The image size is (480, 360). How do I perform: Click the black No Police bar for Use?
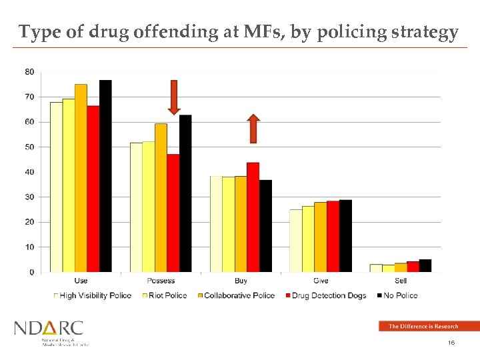105,176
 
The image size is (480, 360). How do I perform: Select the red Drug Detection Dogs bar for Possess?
173,213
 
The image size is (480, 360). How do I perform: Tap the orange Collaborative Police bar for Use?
81,178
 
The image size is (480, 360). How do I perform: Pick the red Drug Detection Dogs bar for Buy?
253,217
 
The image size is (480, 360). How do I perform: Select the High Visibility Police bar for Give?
295,241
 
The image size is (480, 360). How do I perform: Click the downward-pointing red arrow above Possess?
174,97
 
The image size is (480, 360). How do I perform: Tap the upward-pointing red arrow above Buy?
253,129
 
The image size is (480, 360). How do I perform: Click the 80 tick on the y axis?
30,71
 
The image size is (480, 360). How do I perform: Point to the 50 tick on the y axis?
30,147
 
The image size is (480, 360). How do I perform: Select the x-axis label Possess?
161,281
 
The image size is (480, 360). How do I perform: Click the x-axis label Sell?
401,281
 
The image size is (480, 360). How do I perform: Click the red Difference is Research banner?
429,326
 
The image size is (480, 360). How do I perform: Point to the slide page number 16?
451,343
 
